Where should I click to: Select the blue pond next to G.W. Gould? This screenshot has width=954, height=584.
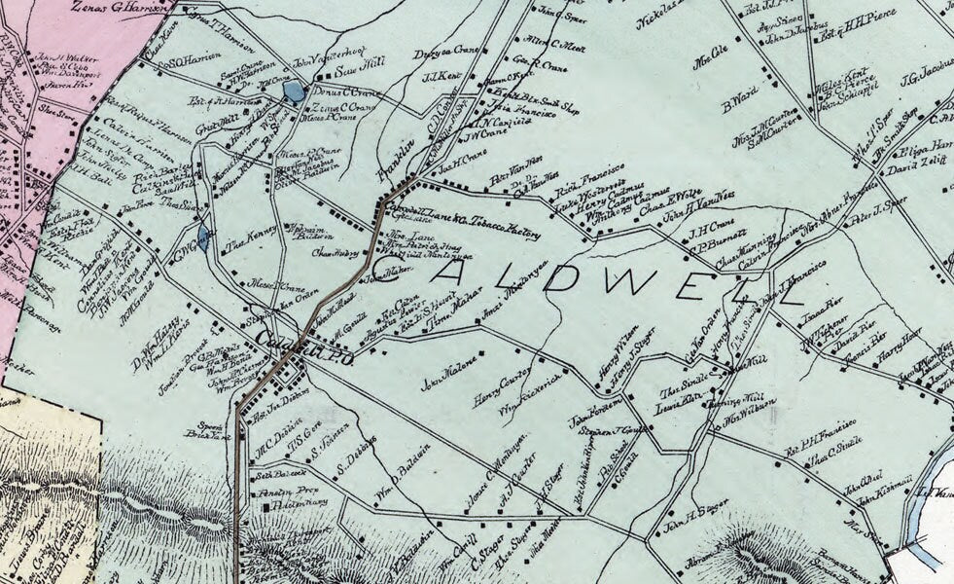pyautogui.click(x=202, y=236)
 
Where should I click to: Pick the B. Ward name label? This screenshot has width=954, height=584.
pyautogui.click(x=739, y=98)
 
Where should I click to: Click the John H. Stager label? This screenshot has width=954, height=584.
pyautogui.click(x=696, y=529)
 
